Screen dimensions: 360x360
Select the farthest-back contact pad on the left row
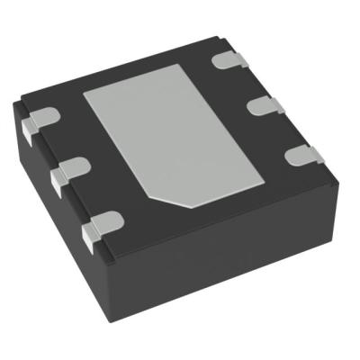(x=39, y=120)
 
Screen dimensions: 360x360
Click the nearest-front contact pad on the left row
(x=103, y=222)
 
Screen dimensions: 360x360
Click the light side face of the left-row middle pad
(x=58, y=183)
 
